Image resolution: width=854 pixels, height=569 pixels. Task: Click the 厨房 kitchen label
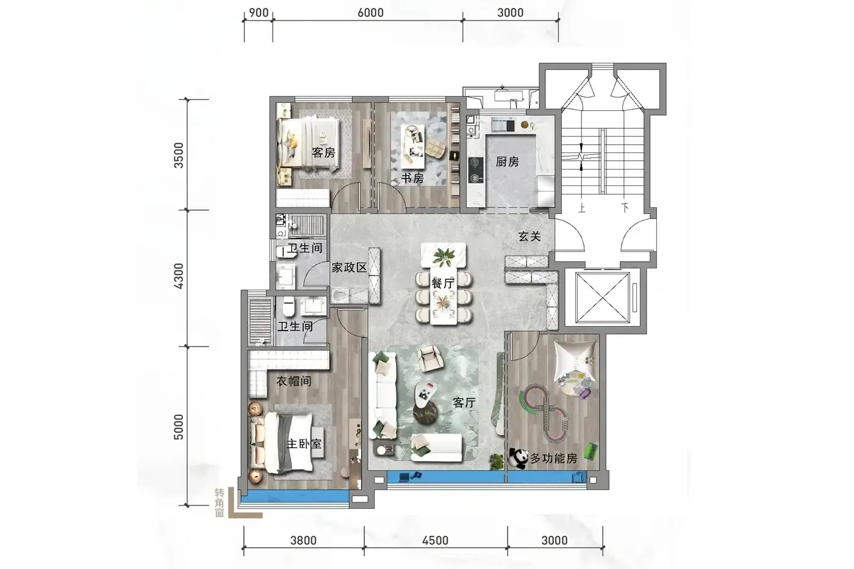click(507, 162)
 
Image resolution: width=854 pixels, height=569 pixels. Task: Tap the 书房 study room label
click(412, 178)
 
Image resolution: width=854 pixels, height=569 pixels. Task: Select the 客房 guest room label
click(323, 153)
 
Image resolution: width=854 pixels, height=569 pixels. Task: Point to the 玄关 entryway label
click(529, 237)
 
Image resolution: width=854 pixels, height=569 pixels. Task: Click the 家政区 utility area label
click(349, 268)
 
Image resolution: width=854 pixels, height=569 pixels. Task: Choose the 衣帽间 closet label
click(293, 381)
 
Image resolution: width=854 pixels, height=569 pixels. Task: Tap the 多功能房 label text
click(554, 459)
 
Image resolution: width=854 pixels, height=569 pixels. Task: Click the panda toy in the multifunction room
click(518, 458)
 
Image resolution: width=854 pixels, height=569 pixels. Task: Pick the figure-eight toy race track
click(544, 412)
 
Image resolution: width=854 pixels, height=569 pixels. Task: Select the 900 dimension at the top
click(259, 13)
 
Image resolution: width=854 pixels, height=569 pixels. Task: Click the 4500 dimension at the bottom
click(435, 540)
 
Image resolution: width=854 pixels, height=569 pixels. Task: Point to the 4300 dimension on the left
click(178, 276)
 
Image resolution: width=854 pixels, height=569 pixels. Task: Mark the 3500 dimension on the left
click(178, 155)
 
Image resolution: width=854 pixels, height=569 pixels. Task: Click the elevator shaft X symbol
click(603, 298)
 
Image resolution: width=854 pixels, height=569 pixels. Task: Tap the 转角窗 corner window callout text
click(219, 503)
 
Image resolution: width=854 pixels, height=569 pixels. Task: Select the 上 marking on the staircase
click(582, 208)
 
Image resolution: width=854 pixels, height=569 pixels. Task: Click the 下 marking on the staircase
click(625, 208)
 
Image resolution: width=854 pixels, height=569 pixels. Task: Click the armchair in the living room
click(431, 358)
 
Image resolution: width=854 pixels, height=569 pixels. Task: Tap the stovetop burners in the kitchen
click(475, 170)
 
